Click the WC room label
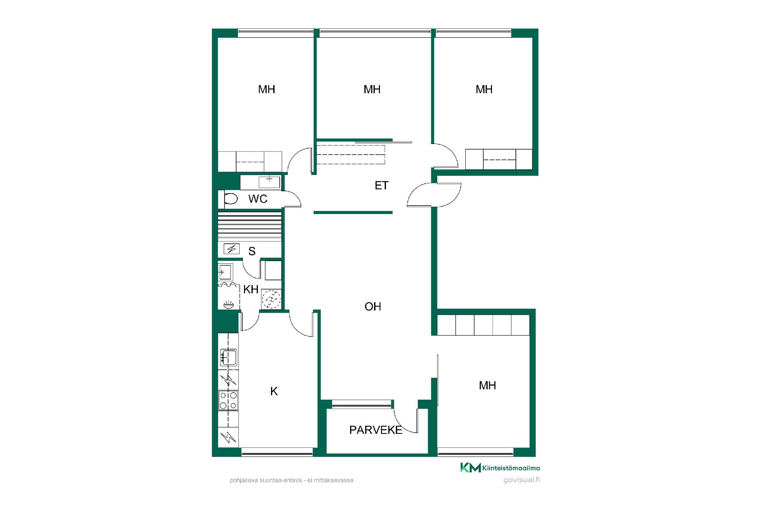pos(258,198)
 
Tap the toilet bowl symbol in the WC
pos(231,198)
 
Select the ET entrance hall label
pos(381,185)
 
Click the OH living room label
pos(373,307)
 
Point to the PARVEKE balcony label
pos(376,430)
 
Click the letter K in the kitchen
pos(274,392)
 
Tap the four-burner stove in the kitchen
pos(228,400)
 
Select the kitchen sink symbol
pos(229,357)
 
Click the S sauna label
pos(252,251)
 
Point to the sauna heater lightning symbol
pos(231,249)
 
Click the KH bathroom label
pos(251,289)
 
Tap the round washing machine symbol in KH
pos(271,299)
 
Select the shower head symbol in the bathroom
pos(228,305)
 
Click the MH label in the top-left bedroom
pos(267,89)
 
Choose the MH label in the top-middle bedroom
pos(372,89)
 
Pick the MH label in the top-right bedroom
pos(484,89)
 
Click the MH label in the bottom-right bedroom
pos(487,385)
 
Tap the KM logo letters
pos(471,468)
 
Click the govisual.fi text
pos(521,480)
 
